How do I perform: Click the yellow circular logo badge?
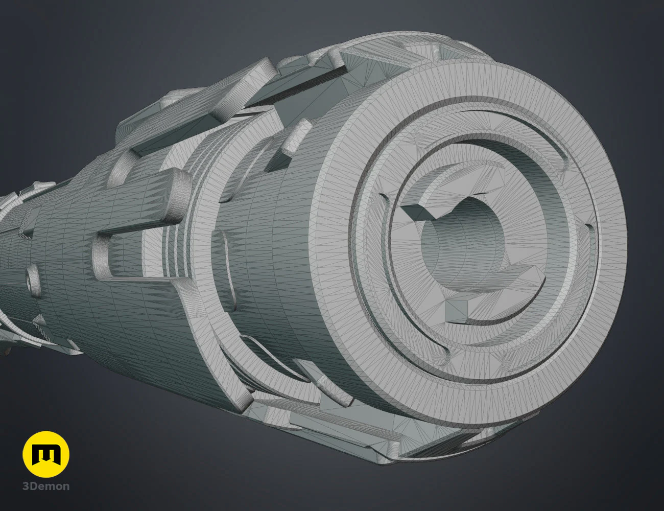(46, 454)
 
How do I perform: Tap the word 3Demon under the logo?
(46, 486)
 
